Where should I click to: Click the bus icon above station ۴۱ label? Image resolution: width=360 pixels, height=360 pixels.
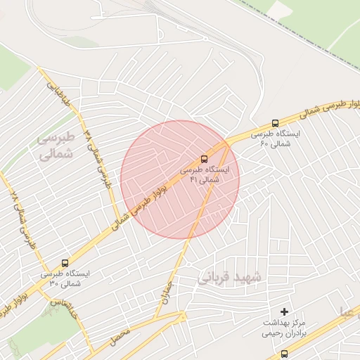pyautogui.click(x=204, y=159)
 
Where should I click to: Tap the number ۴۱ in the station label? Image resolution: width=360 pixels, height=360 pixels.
pyautogui.click(x=194, y=180)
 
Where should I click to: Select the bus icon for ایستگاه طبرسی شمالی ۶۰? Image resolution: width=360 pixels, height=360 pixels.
pyautogui.click(x=274, y=122)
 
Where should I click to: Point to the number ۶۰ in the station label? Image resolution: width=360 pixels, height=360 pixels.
pyautogui.click(x=264, y=143)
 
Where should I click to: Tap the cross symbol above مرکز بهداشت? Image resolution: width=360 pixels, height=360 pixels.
pyautogui.click(x=284, y=311)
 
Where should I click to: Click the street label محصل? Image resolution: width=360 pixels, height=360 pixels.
pyautogui.click(x=120, y=340)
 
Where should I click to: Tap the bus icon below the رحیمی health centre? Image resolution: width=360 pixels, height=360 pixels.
pyautogui.click(x=284, y=354)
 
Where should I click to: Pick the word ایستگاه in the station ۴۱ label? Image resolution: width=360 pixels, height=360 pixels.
pyautogui.click(x=214, y=170)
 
